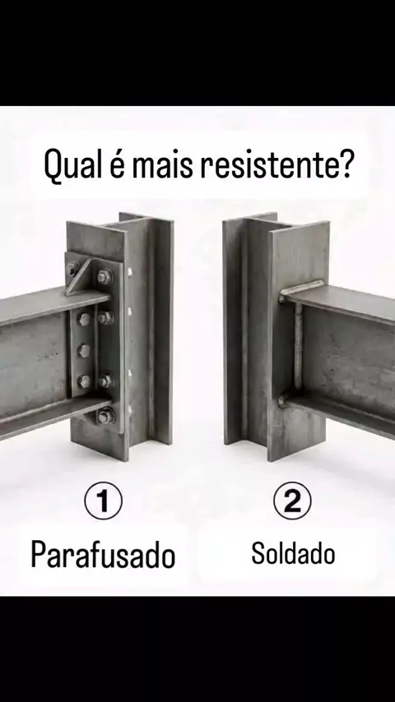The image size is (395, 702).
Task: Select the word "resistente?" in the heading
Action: coord(277,164)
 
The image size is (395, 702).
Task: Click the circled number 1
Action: coord(103,501)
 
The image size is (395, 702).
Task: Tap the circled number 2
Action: coord(292,501)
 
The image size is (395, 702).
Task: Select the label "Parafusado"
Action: coord(103,554)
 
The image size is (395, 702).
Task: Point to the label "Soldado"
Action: coord(293,553)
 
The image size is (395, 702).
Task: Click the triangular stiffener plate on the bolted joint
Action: coord(81,279)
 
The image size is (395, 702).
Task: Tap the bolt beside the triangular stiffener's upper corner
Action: coord(105,277)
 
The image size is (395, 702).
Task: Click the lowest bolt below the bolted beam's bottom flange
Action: coord(106,417)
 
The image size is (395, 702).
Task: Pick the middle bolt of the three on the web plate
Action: coord(84,350)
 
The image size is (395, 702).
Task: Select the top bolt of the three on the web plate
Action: coord(84,319)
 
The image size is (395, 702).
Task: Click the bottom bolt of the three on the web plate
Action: coord(84,381)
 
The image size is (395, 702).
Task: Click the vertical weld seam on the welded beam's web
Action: coord(297,349)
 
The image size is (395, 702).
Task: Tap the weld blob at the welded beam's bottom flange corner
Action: coord(282,399)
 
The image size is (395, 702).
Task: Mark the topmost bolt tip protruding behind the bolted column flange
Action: coord(129,271)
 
